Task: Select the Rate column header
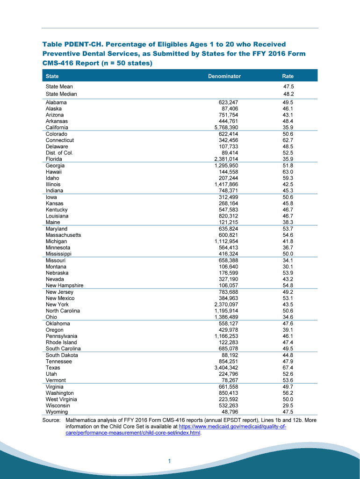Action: tap(288, 76)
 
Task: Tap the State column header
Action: tap(52, 76)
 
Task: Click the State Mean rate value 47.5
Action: tap(288, 87)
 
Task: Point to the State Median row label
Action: tap(61, 94)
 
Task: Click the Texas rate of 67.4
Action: tap(288, 368)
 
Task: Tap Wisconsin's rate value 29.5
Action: tap(288, 406)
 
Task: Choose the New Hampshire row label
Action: tap(65, 285)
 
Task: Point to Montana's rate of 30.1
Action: tap(288, 267)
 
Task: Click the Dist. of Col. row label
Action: tap(59, 153)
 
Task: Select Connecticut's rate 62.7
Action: tap(288, 140)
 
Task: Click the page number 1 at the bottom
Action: tap(171, 462)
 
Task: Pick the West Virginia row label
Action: tap(61, 399)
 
